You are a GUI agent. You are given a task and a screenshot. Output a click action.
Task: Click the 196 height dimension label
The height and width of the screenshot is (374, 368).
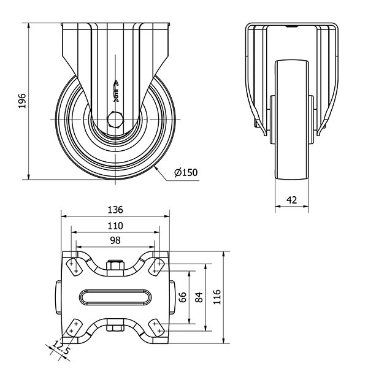click(x=22, y=101)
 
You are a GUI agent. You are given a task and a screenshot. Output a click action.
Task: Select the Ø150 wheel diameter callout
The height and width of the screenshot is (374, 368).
click(x=186, y=172)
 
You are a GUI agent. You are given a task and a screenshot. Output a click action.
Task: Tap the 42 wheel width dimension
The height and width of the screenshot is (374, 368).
click(x=291, y=200)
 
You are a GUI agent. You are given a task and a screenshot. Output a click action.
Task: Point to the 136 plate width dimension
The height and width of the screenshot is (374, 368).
click(x=115, y=210)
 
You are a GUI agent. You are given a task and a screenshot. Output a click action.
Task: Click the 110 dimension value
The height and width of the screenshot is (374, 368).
click(x=115, y=226)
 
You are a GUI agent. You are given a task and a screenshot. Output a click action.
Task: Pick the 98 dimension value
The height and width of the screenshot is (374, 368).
click(x=115, y=240)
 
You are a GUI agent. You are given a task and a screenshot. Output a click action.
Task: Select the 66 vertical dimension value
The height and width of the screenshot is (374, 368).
click(x=183, y=297)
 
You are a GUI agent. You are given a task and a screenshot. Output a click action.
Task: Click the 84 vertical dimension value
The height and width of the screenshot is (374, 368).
click(x=199, y=297)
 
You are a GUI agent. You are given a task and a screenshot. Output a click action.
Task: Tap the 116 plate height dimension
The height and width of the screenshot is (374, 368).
click(x=217, y=297)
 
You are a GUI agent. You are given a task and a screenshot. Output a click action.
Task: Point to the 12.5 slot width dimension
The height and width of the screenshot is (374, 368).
click(x=61, y=347)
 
